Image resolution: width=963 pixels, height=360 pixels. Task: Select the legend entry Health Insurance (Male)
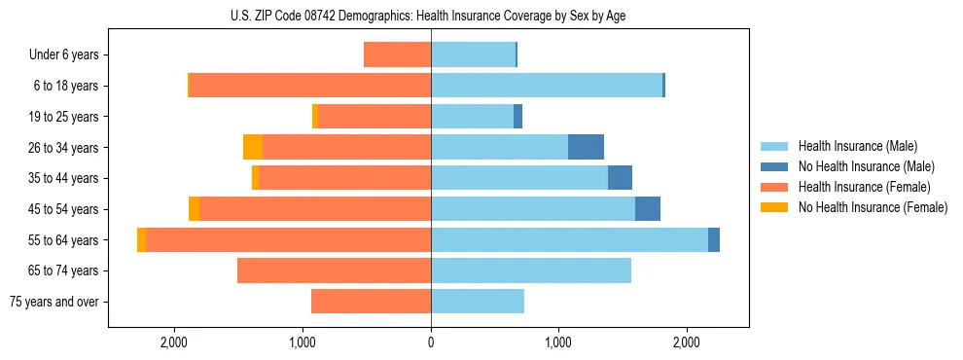click(857, 146)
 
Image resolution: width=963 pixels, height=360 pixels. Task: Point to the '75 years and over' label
click(54, 302)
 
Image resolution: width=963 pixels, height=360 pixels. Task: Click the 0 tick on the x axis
click(431, 342)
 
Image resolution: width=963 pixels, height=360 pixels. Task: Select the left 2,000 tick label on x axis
click(174, 342)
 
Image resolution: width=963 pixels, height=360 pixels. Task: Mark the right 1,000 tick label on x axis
click(558, 342)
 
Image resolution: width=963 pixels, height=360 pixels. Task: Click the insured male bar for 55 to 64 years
click(569, 240)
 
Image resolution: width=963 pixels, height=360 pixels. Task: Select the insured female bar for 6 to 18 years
click(309, 86)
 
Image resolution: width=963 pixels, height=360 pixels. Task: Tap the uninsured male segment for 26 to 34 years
click(586, 147)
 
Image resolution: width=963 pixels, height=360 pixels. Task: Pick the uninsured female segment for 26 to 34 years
click(253, 147)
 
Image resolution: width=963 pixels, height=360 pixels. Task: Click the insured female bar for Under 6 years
click(397, 54)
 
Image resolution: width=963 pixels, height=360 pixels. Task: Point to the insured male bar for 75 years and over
click(478, 302)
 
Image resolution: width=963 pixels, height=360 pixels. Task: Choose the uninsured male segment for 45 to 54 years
click(648, 209)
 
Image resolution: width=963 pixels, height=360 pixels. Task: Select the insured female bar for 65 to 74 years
click(334, 270)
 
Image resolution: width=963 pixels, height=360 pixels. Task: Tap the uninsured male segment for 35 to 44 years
click(620, 178)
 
